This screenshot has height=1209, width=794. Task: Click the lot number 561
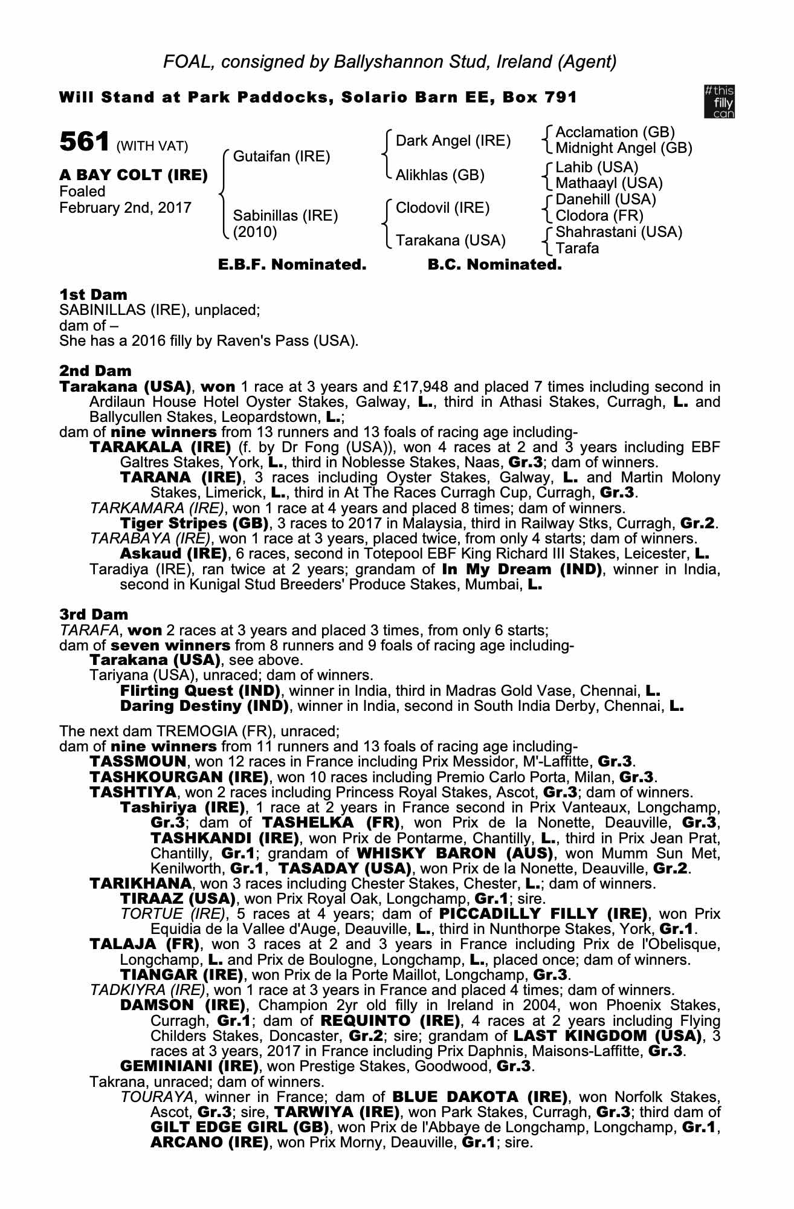[x=84, y=143]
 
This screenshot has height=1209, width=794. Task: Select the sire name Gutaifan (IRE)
[x=282, y=157]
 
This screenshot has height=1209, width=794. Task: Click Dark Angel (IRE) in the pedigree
[x=453, y=141]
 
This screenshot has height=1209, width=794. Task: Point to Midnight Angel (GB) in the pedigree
[x=624, y=148]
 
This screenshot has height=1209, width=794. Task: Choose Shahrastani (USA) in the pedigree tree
[x=619, y=232]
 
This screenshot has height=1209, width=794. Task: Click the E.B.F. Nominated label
[x=292, y=265]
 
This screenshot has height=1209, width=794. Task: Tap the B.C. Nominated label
[x=494, y=265]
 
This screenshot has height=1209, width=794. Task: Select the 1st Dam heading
[x=93, y=295]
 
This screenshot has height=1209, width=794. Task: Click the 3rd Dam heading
[x=94, y=615]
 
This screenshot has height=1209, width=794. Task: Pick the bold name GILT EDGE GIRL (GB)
[x=239, y=1127]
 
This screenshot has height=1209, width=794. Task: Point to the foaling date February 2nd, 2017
[x=126, y=208]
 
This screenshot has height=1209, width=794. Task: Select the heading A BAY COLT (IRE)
[x=134, y=175]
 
